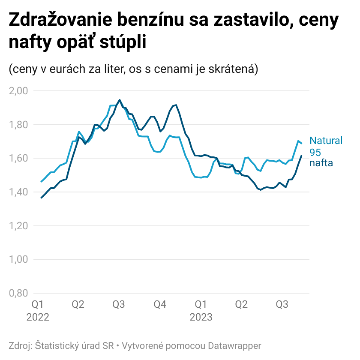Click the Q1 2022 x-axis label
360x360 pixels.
pos(38,311)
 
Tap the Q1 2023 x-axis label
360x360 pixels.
pos(201,311)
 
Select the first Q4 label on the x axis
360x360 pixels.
pos(160,305)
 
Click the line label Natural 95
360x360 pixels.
pos(326,146)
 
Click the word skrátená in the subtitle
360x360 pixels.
pos(234,69)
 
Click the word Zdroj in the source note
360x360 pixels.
pos(20,345)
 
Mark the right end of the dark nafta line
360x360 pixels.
pos(301,156)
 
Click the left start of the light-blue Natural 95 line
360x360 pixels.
pos(41,182)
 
